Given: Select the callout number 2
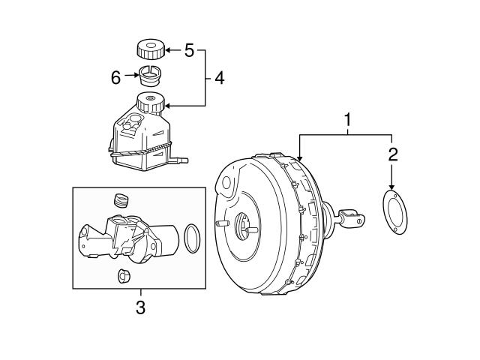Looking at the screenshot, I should click(392, 155).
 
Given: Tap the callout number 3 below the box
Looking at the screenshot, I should click(139, 306).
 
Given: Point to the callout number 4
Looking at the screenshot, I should click(219, 77).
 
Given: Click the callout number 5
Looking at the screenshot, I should click(189, 51).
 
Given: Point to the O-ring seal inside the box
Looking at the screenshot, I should click(192, 238).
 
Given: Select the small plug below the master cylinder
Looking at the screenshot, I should click(124, 275).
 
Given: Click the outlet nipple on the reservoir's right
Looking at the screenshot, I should click(181, 160).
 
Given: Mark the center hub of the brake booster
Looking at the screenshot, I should click(245, 226).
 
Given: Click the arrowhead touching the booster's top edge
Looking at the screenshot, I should click(299, 159).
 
